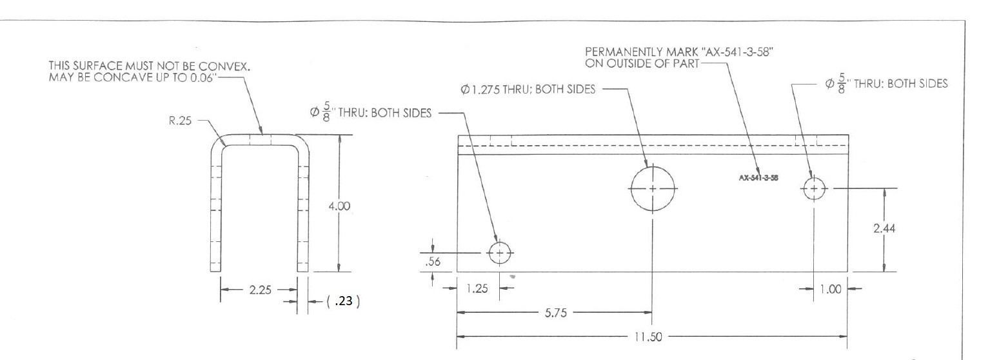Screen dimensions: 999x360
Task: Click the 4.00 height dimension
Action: [x=339, y=206]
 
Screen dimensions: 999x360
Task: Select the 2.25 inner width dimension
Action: [x=260, y=290]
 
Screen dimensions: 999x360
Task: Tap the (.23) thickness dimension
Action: [x=343, y=301]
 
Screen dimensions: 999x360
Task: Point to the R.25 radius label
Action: [x=180, y=121]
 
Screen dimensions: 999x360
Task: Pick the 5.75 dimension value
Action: [x=556, y=313]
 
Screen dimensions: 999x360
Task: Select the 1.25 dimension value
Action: [x=477, y=288]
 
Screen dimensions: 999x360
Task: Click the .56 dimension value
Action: [x=433, y=262]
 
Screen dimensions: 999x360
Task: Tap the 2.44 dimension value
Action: [x=884, y=228]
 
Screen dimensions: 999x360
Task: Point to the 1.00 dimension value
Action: [x=831, y=290]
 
